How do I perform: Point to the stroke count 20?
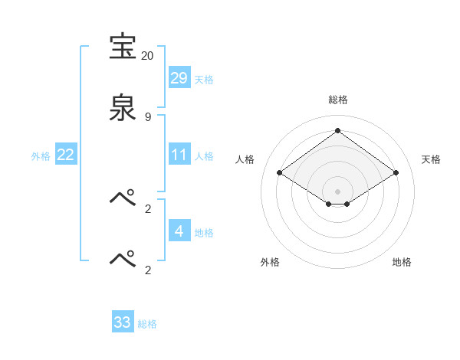147,56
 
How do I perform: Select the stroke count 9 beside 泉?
147,116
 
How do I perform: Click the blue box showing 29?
179,77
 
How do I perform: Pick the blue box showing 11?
179,155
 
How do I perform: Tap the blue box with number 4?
179,231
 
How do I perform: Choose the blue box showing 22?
66,155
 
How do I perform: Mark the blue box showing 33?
123,322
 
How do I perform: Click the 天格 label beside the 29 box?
204,80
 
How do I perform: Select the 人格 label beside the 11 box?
204,156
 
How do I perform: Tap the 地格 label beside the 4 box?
204,233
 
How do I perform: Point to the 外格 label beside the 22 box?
41,156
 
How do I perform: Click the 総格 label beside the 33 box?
147,324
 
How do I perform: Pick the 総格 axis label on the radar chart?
337,100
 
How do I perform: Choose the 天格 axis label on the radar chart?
431,159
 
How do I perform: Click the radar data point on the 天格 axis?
396,173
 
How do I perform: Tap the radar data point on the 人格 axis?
280,173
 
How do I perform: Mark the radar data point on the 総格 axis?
337,131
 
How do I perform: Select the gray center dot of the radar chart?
337,191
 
